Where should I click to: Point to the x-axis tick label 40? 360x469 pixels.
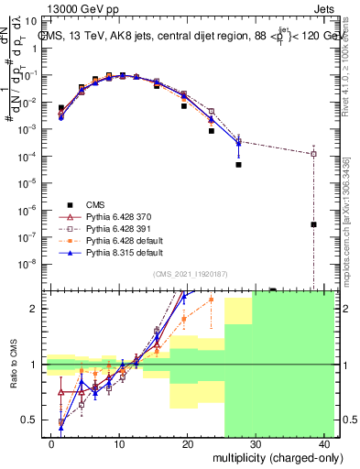coord(325,443)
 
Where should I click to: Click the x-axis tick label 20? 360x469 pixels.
coord(188,443)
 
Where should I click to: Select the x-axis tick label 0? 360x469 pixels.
coord(51,443)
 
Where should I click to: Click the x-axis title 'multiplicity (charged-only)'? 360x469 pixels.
coord(265,456)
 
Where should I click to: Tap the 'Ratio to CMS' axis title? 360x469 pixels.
coord(12,366)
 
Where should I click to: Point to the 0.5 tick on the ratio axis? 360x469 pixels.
coord(30,420)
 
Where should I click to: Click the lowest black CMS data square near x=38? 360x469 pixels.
coord(313,224)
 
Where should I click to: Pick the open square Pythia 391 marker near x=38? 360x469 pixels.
coord(313,154)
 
